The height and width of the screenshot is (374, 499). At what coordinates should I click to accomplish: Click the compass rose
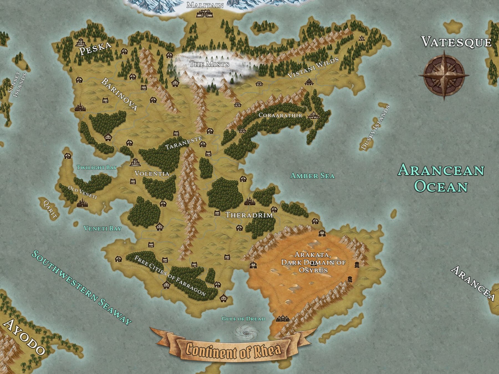point(444,75)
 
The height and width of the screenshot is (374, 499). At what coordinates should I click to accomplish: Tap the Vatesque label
point(456,42)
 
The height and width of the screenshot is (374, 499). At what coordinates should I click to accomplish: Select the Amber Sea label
point(312,176)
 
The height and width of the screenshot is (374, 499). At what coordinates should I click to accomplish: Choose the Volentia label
point(152,174)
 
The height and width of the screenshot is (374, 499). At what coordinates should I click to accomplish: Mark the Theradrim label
point(249,215)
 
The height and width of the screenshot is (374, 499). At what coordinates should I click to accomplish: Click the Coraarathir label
point(280,115)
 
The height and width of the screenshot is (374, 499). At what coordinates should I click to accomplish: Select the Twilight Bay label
point(97,167)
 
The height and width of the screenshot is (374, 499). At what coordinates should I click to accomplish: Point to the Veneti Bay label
point(103,229)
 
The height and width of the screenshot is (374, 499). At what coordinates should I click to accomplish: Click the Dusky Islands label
point(375,128)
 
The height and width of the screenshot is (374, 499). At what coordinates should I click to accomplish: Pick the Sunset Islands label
point(17,85)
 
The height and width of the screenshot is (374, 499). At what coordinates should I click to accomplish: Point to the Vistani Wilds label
point(313,67)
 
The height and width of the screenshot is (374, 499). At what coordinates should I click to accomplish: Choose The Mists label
point(209,64)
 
